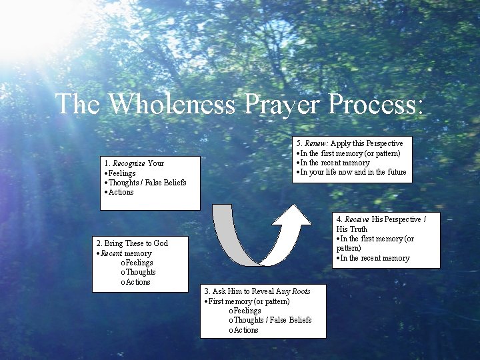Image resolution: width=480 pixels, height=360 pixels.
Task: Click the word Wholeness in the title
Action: [173, 104]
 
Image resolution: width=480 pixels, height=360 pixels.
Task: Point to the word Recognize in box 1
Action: [129, 163]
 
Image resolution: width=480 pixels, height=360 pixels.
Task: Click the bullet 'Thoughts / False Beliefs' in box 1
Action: [147, 183]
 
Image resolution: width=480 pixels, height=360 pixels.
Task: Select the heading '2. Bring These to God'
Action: [132, 243]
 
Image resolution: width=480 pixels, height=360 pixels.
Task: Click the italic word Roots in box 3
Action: [301, 291]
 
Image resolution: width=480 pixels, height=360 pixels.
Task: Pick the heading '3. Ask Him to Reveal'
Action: [247, 291]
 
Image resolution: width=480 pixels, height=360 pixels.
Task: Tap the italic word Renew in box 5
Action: [317, 143]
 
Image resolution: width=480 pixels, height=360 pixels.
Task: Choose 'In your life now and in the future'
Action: [352, 173]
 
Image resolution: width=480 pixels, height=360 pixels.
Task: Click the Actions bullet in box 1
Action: [121, 192]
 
